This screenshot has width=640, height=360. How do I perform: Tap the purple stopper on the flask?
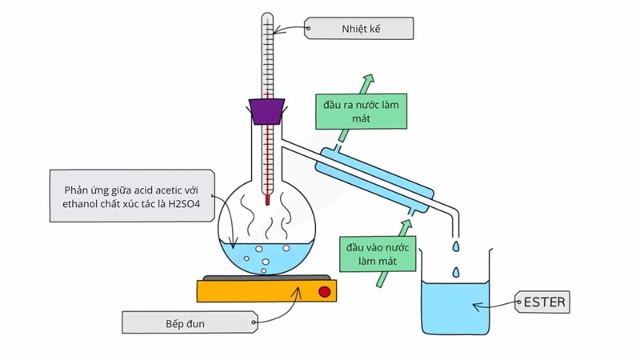pyautogui.click(x=267, y=110)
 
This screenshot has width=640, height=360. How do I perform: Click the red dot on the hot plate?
pyautogui.click(x=324, y=291)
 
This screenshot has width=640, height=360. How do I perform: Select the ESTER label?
pyautogui.click(x=545, y=303)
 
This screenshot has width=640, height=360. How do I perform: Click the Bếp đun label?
pyautogui.click(x=189, y=324)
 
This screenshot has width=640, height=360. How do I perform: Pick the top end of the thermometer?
pyautogui.click(x=267, y=16)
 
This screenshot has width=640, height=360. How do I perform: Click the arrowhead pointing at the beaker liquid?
pyautogui.click(x=476, y=305)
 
